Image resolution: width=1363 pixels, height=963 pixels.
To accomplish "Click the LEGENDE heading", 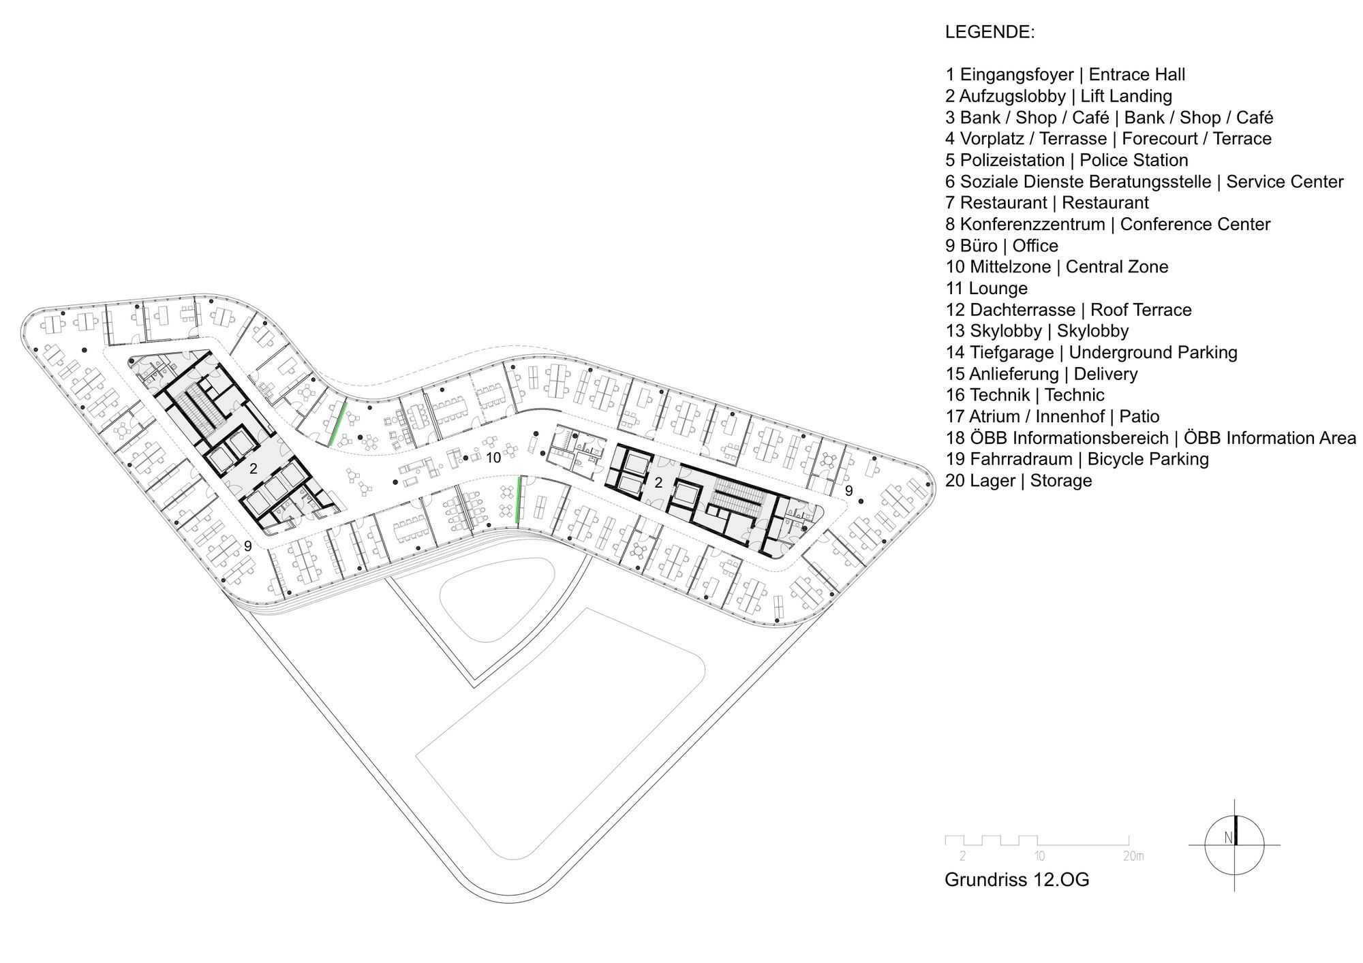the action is coord(990,32).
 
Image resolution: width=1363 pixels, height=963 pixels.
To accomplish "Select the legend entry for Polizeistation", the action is coord(1067,160).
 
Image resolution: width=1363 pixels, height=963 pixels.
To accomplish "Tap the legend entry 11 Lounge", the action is coord(986,288).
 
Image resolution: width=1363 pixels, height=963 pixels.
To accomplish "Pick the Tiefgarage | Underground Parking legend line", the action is coord(1091,352).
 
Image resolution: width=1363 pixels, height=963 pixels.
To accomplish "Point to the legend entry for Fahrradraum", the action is coord(1077,459).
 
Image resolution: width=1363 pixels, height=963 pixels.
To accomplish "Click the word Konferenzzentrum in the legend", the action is coord(1032,224).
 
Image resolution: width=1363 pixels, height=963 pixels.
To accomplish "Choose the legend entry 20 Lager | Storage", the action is coord(1018,480).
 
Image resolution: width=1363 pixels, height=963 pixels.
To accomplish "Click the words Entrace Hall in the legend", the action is coord(1137,75).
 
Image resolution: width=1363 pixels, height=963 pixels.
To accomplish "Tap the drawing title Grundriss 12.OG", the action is coord(1017,879).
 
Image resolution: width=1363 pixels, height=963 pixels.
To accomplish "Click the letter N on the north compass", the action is coord(1228,838).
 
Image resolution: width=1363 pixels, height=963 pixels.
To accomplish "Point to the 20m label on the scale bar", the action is coord(1133,856).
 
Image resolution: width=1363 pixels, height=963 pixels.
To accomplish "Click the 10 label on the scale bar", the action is coord(1039,856).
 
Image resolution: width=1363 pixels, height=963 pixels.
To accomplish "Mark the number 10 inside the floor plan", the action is coord(493,458).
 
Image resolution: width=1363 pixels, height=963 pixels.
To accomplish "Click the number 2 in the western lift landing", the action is coord(254,469).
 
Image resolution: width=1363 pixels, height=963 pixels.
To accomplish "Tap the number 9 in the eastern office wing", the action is coord(848,490).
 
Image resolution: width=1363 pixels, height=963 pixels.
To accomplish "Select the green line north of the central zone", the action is coord(337,424).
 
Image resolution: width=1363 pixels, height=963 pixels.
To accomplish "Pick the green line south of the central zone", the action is coord(519,500).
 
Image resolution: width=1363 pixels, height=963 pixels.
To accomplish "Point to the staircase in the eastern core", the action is coord(736,503).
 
